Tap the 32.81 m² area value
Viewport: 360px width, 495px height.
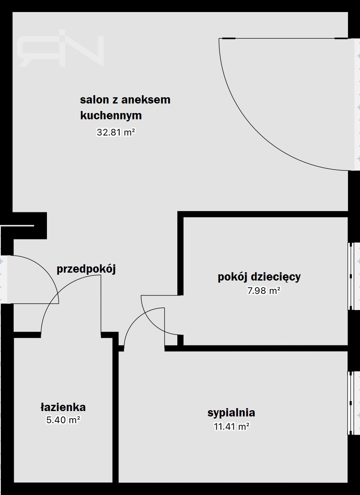(116, 132)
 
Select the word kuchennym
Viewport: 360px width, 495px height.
(111, 115)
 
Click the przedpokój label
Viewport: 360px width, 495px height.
(86, 269)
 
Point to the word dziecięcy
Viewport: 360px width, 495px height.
(275, 277)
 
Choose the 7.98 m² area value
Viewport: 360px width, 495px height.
(264, 291)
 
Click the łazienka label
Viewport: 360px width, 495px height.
(63, 407)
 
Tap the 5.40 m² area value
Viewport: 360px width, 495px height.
(63, 420)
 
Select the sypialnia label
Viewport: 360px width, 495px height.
(231, 413)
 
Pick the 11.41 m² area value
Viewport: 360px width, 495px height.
(232, 427)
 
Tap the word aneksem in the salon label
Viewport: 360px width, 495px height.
(145, 100)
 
